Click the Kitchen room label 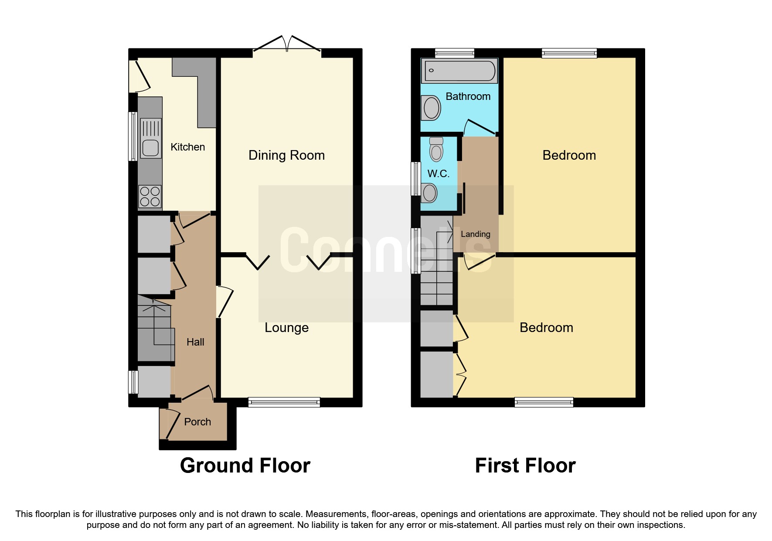tap(187, 147)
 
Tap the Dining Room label tap(286, 155)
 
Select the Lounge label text tap(286, 328)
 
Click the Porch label tap(197, 422)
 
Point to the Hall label tap(195, 342)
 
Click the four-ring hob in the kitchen tap(150, 196)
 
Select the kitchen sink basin tap(150, 147)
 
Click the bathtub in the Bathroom tap(459, 71)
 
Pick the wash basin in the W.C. tap(429, 193)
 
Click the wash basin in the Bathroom tap(432, 108)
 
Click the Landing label tap(475, 234)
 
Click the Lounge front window tap(284, 402)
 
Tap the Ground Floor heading tap(245, 466)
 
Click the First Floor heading tap(525, 466)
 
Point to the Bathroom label tap(468, 96)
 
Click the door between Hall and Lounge tap(224, 301)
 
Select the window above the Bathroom tap(454, 53)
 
